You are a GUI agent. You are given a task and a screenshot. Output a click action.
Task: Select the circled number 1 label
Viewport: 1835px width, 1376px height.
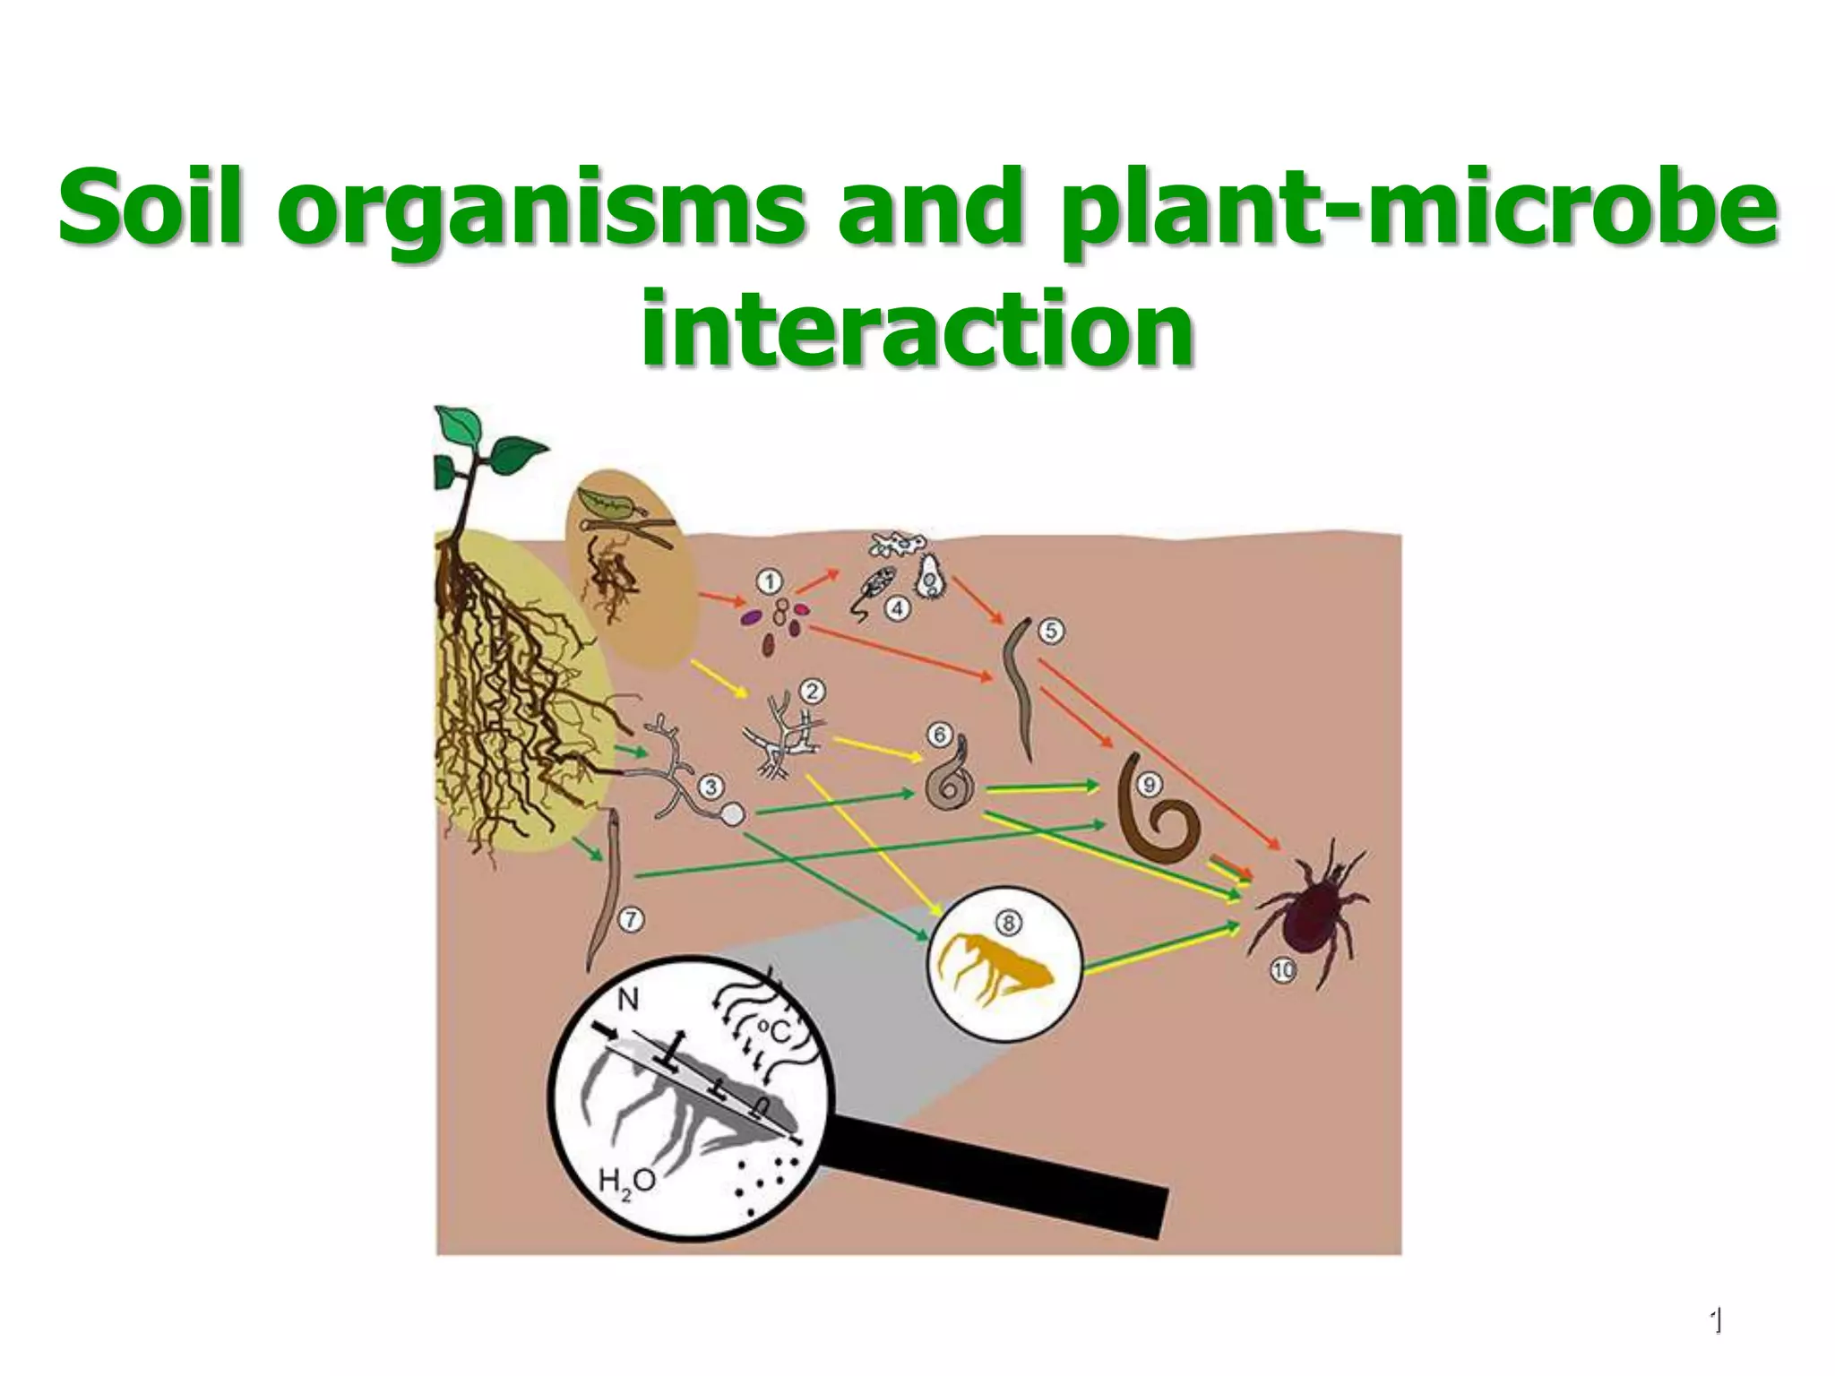pyautogui.click(x=769, y=583)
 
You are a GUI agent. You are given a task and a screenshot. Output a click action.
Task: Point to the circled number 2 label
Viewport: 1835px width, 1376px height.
pyautogui.click(x=813, y=691)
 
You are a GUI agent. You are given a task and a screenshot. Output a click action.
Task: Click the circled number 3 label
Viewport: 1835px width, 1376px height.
pyautogui.click(x=711, y=787)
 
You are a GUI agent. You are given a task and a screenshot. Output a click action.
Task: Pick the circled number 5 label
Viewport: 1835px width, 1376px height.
pyautogui.click(x=1051, y=631)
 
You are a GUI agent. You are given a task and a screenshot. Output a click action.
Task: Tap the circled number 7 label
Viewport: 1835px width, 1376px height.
pyautogui.click(x=633, y=919)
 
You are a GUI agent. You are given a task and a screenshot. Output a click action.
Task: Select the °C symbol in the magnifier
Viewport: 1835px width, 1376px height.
pyautogui.click(x=773, y=1032)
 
